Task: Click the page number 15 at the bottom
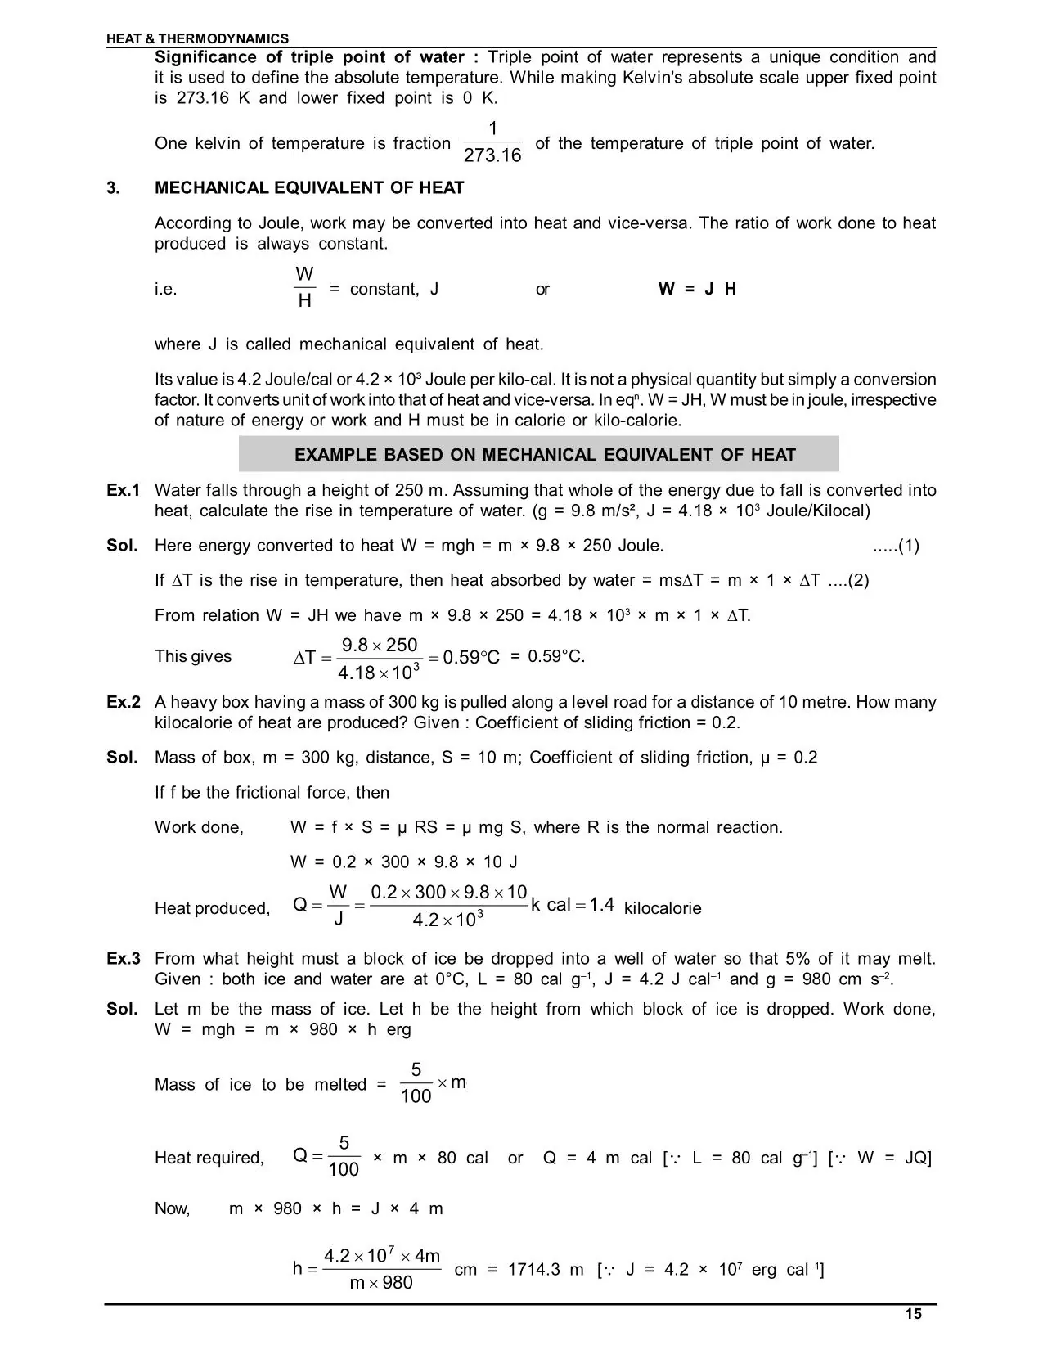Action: (913, 1314)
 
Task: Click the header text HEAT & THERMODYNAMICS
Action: (197, 38)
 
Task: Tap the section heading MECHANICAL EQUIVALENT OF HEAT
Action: (309, 188)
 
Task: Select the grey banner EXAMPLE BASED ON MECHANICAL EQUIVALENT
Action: (538, 455)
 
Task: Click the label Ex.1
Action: (124, 490)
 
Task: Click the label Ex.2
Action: (124, 702)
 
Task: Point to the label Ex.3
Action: (124, 958)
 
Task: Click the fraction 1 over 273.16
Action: (492, 142)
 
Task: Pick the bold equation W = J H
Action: (697, 289)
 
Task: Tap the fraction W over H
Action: (304, 287)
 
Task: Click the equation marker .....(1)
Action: (897, 546)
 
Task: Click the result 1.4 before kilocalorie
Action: (601, 905)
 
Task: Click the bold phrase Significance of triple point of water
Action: (317, 57)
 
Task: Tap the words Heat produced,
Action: (212, 908)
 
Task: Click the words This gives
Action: (193, 656)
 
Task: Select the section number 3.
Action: (113, 188)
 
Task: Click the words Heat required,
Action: (209, 1158)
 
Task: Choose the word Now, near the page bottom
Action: (173, 1208)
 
